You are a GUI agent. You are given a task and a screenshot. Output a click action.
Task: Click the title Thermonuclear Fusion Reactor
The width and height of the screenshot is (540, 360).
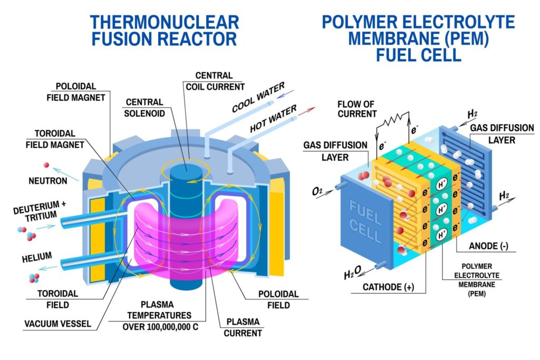click(x=164, y=30)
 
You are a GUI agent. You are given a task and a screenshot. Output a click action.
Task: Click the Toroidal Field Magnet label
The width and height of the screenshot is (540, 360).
click(x=55, y=139)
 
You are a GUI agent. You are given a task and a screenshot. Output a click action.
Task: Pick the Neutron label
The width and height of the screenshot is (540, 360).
click(x=48, y=181)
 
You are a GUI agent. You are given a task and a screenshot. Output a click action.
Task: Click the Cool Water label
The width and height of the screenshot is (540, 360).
click(x=258, y=98)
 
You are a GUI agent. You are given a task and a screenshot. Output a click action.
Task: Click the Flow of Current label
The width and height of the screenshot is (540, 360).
click(x=357, y=109)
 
